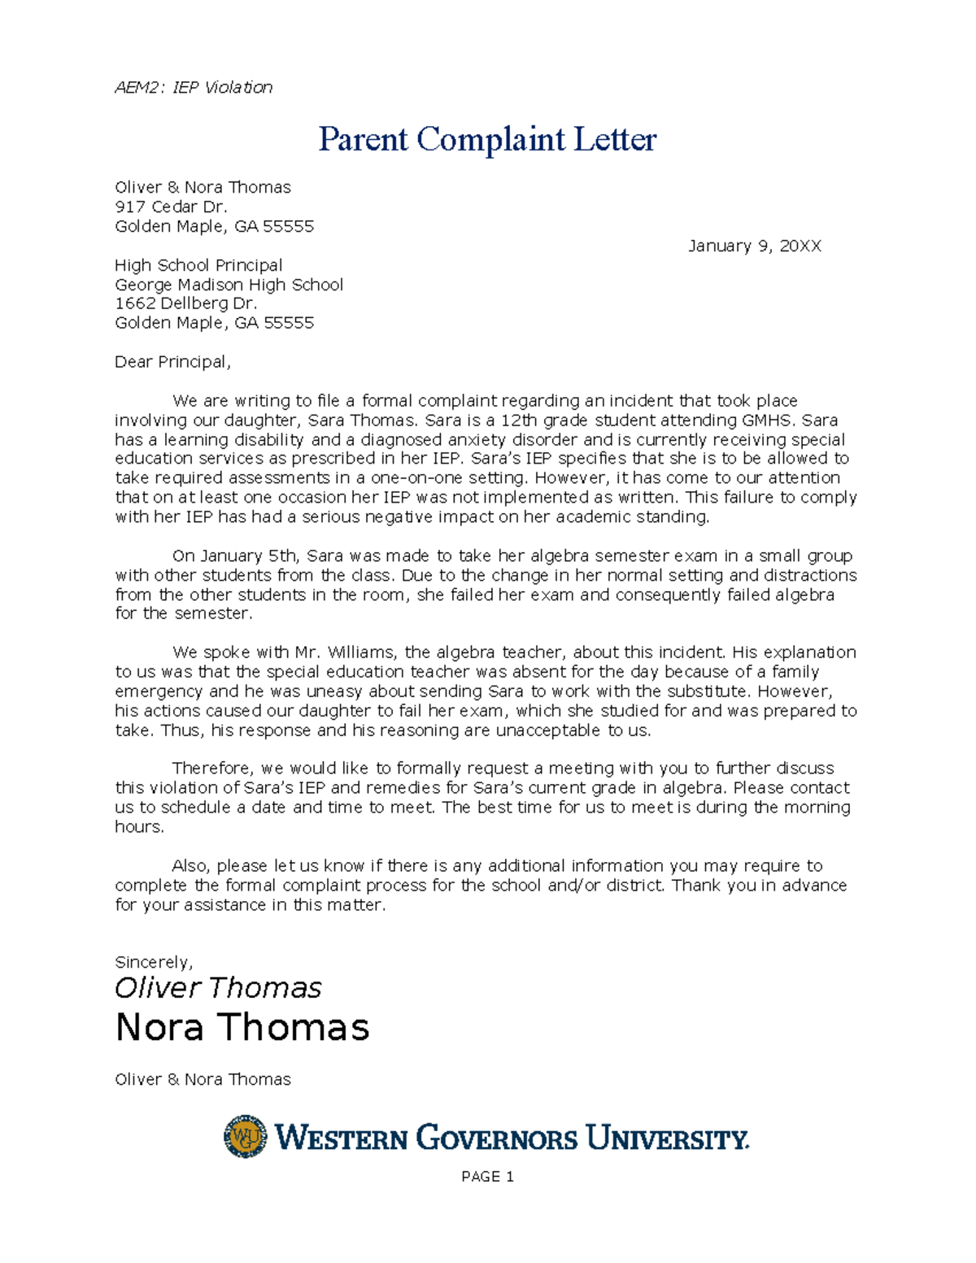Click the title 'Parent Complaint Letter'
(x=486, y=139)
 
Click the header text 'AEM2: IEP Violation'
(x=194, y=87)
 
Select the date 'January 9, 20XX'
(x=754, y=246)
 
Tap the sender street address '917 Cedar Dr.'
(x=171, y=207)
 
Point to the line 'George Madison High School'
(x=229, y=285)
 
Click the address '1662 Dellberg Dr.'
(x=185, y=303)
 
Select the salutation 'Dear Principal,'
(x=172, y=362)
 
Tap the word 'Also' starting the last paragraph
(x=191, y=866)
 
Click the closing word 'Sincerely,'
(x=154, y=962)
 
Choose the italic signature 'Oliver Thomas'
(x=218, y=988)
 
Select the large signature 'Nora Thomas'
(x=242, y=1027)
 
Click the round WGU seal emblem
(x=245, y=1136)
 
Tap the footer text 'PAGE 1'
(x=487, y=1177)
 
